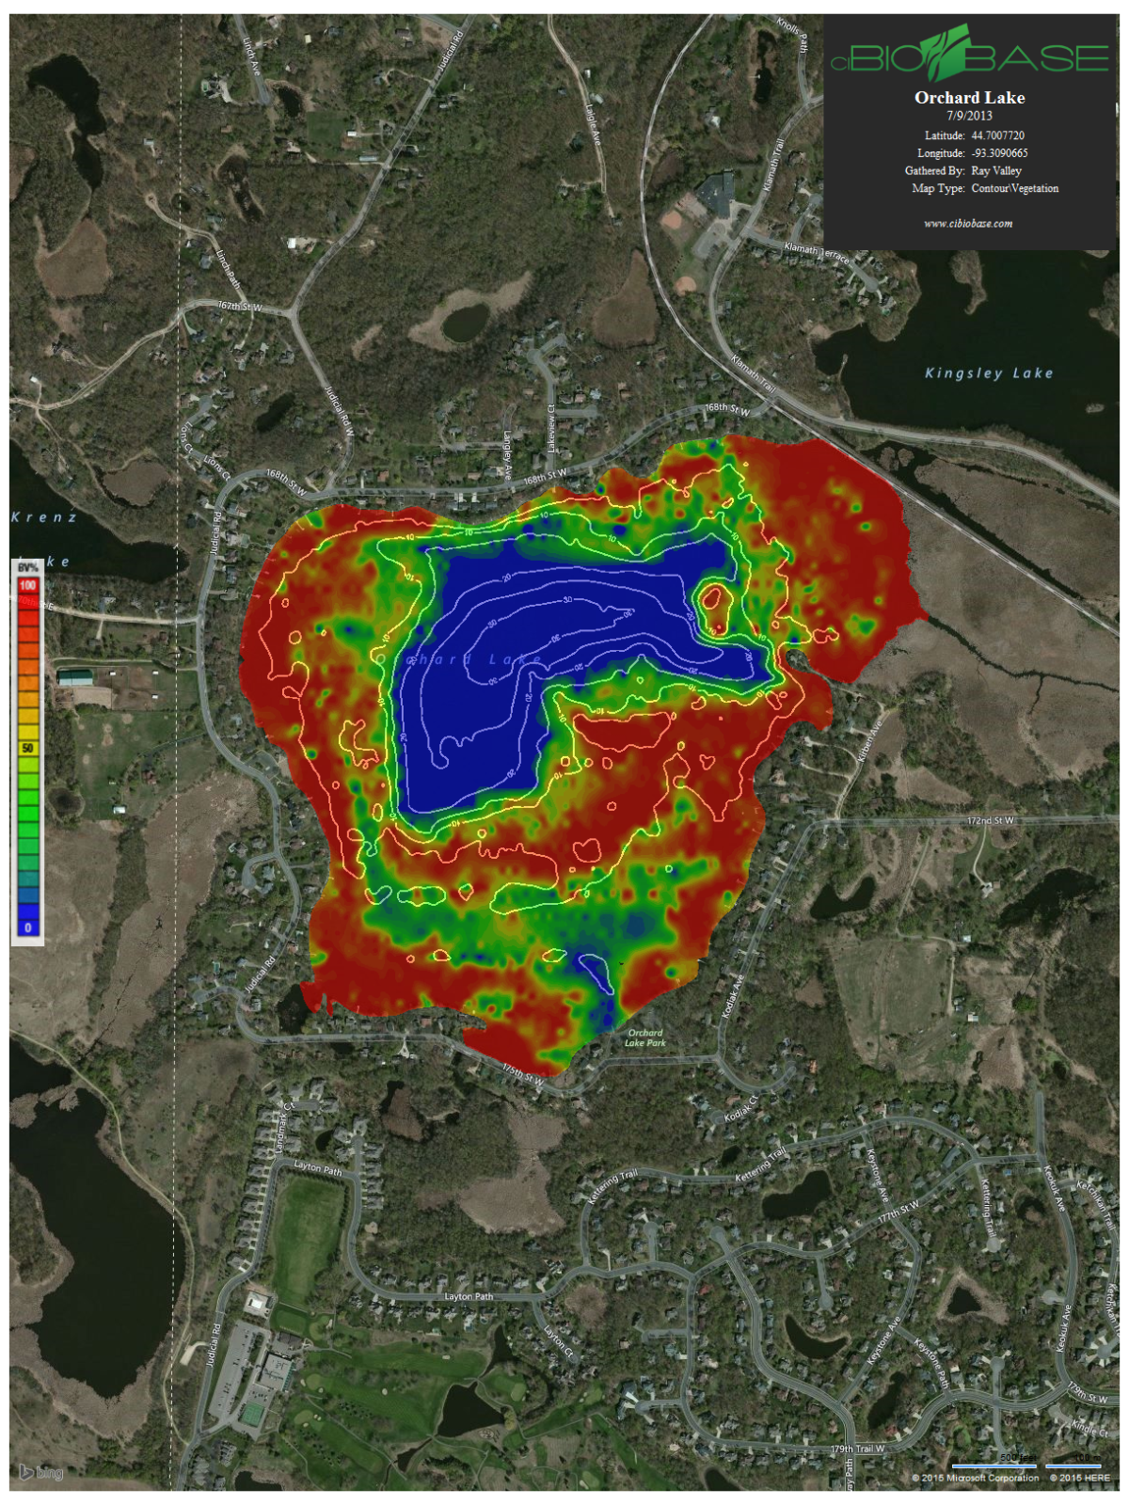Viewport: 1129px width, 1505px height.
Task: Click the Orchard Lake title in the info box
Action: [969, 98]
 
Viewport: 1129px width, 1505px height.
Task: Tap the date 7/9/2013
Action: [969, 116]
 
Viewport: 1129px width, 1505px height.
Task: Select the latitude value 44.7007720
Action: [997, 135]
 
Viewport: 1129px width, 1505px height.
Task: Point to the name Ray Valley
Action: [996, 170]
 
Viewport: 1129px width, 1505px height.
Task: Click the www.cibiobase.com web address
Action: [968, 224]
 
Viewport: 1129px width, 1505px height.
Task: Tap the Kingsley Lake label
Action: [988, 373]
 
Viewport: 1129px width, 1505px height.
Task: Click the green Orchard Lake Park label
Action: [645, 1038]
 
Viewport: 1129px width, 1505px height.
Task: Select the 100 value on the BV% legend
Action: [27, 585]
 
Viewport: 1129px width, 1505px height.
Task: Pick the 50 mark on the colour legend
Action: [27, 748]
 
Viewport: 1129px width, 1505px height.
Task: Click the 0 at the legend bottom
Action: [27, 927]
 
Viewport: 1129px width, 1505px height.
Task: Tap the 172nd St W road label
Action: [991, 821]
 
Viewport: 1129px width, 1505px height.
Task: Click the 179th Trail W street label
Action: [857, 1449]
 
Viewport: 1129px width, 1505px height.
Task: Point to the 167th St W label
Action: [240, 307]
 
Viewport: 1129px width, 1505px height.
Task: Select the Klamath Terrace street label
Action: [817, 251]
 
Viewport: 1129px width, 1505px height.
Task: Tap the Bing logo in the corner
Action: [41, 1472]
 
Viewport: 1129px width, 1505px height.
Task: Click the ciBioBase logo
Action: [969, 56]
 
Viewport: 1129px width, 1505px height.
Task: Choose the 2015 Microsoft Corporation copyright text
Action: [975, 1478]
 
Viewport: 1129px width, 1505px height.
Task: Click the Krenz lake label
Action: [44, 517]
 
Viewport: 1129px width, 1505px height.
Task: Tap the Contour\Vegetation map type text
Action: [1014, 188]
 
